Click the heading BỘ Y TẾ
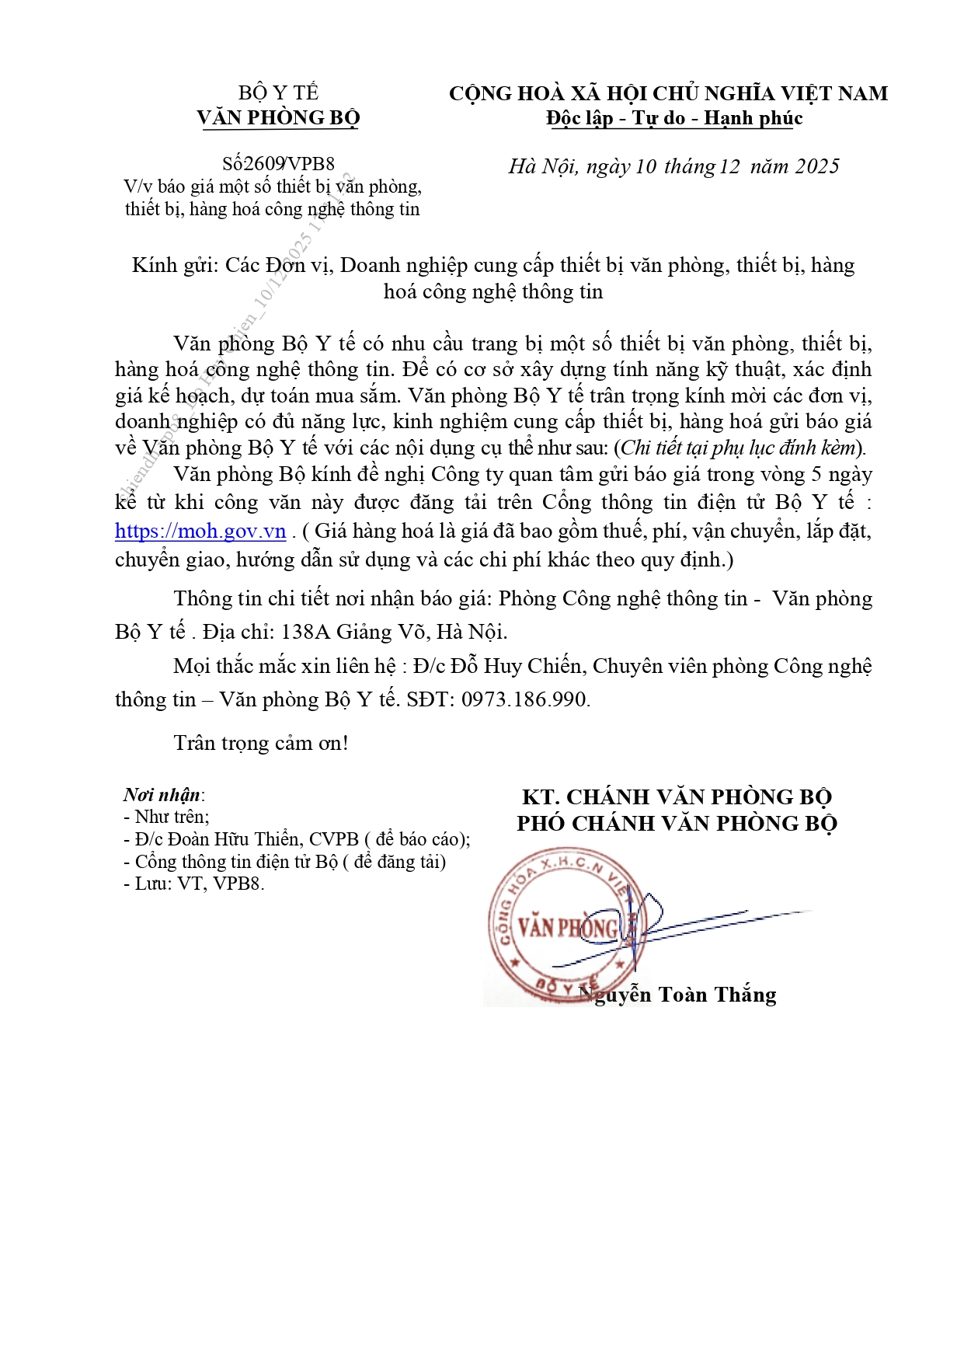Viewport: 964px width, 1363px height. [278, 92]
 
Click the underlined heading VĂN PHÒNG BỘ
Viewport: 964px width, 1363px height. [278, 118]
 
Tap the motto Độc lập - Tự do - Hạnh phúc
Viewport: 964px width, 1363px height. [673, 118]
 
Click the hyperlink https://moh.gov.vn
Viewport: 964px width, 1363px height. [200, 531]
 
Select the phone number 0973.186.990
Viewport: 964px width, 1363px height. [524, 699]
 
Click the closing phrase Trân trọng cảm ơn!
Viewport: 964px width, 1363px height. [261, 743]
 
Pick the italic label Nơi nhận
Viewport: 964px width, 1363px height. [162, 795]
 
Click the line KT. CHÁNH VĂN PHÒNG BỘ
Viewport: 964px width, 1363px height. [677, 797]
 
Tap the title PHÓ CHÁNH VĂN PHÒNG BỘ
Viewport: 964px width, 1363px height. [677, 824]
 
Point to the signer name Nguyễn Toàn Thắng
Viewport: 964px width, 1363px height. [684, 995]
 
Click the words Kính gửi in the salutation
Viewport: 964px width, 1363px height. [172, 265]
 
